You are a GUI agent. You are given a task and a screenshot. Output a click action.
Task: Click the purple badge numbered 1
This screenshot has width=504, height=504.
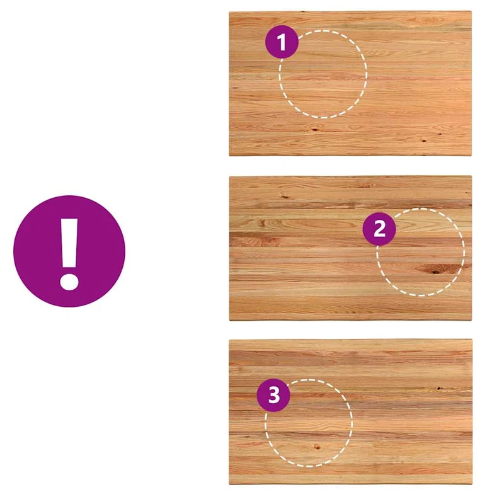pos(282,42)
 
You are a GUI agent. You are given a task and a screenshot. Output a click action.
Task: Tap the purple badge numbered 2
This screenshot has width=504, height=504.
pos(379,229)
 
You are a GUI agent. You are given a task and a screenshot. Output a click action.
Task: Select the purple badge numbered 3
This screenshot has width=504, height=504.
pos(273,395)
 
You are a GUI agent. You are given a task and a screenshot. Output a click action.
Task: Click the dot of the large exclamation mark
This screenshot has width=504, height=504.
pos(69,282)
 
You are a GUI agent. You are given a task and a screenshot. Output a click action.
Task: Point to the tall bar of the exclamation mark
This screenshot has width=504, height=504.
pos(69,243)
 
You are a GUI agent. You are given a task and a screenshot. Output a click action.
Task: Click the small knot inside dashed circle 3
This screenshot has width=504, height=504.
pos(318,447)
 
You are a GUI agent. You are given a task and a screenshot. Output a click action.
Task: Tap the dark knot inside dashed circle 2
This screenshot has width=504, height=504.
pos(435,272)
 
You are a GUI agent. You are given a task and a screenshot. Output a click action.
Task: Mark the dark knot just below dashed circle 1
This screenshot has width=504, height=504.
pos(314,130)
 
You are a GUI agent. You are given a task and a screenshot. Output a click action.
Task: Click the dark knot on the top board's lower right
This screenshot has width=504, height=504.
pos(423,140)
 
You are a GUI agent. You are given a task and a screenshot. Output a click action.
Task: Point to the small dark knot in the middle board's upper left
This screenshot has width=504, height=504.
pos(284,195)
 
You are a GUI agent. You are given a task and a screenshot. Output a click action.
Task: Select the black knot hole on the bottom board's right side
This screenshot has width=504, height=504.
pos(439,389)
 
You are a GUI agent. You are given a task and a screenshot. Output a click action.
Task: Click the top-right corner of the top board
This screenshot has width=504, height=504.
pos(471,12)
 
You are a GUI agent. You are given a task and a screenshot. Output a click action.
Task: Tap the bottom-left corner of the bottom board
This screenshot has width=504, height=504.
pos(229,484)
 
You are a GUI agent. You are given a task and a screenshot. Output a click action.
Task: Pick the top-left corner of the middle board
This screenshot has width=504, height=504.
pos(229,176)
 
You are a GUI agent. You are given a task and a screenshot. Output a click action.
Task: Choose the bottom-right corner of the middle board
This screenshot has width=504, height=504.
pos(472,320)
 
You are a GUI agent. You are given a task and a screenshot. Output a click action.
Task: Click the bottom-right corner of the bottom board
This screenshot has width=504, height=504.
pos(472,484)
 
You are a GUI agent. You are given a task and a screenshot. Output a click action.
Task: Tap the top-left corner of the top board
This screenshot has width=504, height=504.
pos(229,12)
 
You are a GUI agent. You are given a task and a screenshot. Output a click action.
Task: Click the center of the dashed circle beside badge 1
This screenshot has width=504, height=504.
pos(323,74)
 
